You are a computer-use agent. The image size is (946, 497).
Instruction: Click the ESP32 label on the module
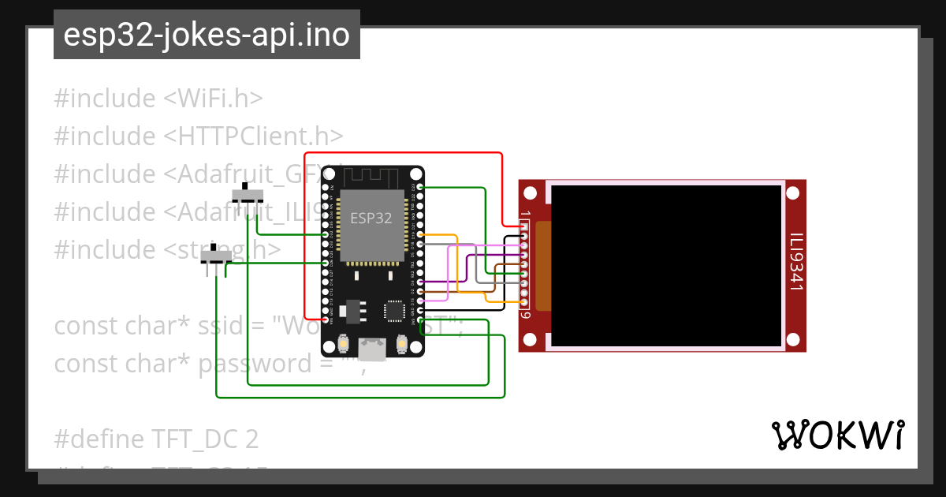(x=371, y=219)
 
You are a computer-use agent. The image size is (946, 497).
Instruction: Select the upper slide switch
(x=251, y=195)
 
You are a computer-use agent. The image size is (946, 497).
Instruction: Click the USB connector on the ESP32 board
(x=372, y=348)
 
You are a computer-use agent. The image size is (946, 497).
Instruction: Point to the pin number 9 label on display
(x=525, y=315)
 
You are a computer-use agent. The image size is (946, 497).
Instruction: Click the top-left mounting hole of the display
(x=531, y=192)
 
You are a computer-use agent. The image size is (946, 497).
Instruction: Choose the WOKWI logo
(x=837, y=435)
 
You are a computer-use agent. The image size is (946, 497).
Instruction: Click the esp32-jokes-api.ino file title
(x=207, y=35)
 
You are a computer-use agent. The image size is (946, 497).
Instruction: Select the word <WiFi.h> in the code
(x=213, y=99)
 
